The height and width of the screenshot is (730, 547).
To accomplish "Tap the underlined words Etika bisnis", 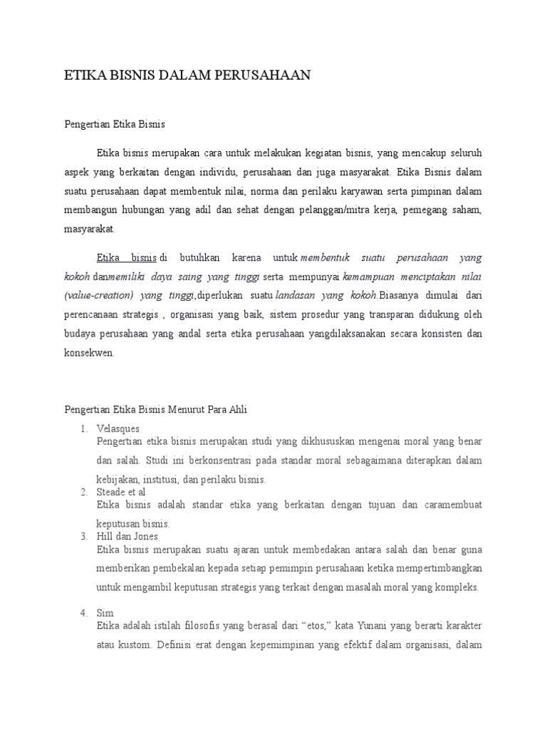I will [127, 257].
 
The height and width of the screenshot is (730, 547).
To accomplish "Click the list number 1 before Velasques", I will [83, 428].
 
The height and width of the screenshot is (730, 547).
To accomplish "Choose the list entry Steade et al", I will [121, 492].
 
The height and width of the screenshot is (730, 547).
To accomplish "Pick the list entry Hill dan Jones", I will [127, 536].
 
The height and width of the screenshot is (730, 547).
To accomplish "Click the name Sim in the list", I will [105, 613].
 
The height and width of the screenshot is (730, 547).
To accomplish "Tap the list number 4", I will [83, 613].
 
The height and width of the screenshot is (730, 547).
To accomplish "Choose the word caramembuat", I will [449, 505].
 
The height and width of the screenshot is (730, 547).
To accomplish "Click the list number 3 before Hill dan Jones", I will [83, 536].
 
